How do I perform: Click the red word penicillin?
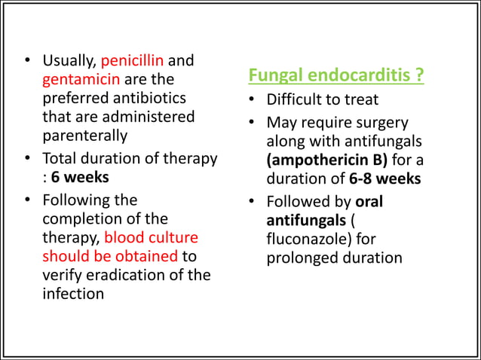(x=132, y=60)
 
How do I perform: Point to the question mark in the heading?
(x=418, y=76)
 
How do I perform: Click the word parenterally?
(x=84, y=136)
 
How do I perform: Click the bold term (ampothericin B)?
(x=332, y=160)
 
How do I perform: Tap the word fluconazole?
(x=308, y=239)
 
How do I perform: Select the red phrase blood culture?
(x=151, y=237)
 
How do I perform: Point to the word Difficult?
(x=295, y=100)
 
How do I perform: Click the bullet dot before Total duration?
(x=27, y=159)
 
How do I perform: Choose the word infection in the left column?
(x=73, y=294)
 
